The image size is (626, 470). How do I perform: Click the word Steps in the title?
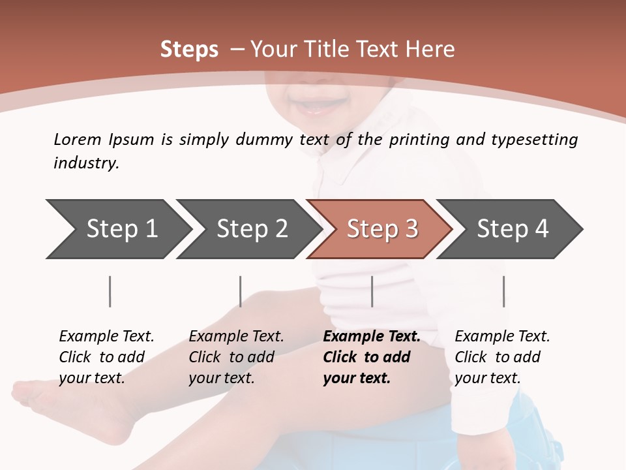189,50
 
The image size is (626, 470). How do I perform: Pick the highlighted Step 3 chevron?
382,228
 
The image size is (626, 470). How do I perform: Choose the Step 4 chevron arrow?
513,228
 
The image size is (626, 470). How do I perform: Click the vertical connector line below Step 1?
110,291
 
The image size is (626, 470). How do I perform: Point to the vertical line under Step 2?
241,291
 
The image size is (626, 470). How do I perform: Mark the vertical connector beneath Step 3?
372,291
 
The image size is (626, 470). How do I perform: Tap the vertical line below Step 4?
503,291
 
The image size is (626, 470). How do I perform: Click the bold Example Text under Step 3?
371,356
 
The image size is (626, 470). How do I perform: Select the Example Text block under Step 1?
106,356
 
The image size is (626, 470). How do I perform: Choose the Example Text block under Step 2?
236,356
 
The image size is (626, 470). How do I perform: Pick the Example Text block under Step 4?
502,356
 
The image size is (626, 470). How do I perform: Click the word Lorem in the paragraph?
78,139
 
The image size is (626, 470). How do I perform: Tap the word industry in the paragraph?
85,163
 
